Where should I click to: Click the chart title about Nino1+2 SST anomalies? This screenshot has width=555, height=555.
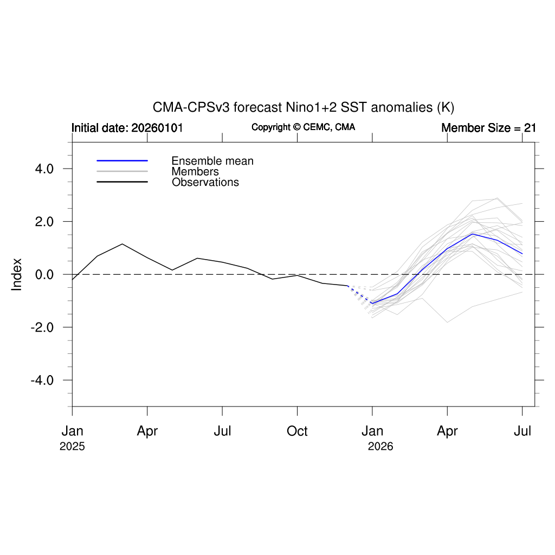pos(303,107)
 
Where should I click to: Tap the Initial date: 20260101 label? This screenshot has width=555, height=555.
pos(127,128)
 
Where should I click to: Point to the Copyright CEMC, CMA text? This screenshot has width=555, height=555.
pos(303,127)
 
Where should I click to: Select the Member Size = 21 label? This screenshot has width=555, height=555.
pos(488,128)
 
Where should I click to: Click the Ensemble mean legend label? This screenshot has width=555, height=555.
pos(212,161)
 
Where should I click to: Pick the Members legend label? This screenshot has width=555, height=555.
pos(195,172)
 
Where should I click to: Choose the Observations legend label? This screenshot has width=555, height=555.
pos(205,183)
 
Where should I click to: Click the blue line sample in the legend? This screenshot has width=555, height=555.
pos(122,160)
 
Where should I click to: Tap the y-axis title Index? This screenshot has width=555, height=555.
pos(17,274)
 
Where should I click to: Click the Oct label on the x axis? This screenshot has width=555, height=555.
pos(297,431)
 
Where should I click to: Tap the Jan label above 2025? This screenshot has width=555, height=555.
pos(72,431)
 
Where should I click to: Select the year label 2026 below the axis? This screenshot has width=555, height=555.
pos(380,447)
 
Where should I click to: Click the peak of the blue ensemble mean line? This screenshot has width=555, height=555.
pos(473,234)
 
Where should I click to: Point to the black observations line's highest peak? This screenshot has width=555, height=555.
pos(122,244)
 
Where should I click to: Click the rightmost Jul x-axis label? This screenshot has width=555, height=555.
pos(522,431)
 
